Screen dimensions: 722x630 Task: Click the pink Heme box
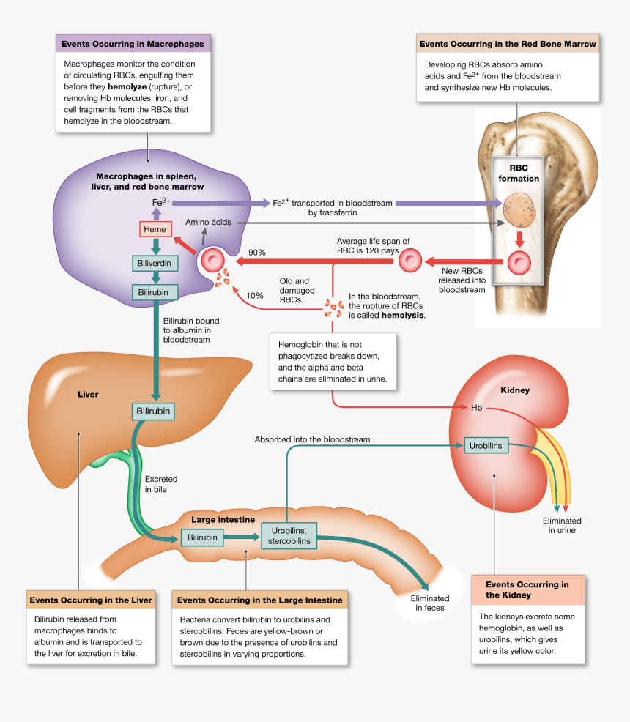pyautogui.click(x=155, y=229)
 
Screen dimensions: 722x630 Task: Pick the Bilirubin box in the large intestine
pyautogui.click(x=202, y=537)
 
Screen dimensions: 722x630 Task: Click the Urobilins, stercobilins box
pyautogui.click(x=289, y=535)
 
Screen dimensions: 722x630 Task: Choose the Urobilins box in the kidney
pyautogui.click(x=485, y=444)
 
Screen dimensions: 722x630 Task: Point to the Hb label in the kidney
pyautogui.click(x=476, y=408)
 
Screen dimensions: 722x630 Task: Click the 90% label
pyautogui.click(x=256, y=253)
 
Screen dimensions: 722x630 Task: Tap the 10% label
pyautogui.click(x=254, y=296)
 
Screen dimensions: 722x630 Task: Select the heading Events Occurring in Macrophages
pyautogui.click(x=133, y=44)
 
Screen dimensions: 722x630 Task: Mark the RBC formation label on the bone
pyautogui.click(x=518, y=173)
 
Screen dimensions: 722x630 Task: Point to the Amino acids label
pyautogui.click(x=208, y=222)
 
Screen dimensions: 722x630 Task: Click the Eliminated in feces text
pyautogui.click(x=430, y=603)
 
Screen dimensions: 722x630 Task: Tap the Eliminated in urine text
pyautogui.click(x=562, y=526)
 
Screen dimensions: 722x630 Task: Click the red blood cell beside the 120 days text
pyautogui.click(x=411, y=259)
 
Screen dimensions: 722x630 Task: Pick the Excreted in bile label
pyautogui.click(x=160, y=483)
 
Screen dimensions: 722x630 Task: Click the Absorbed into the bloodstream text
pyautogui.click(x=312, y=439)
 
